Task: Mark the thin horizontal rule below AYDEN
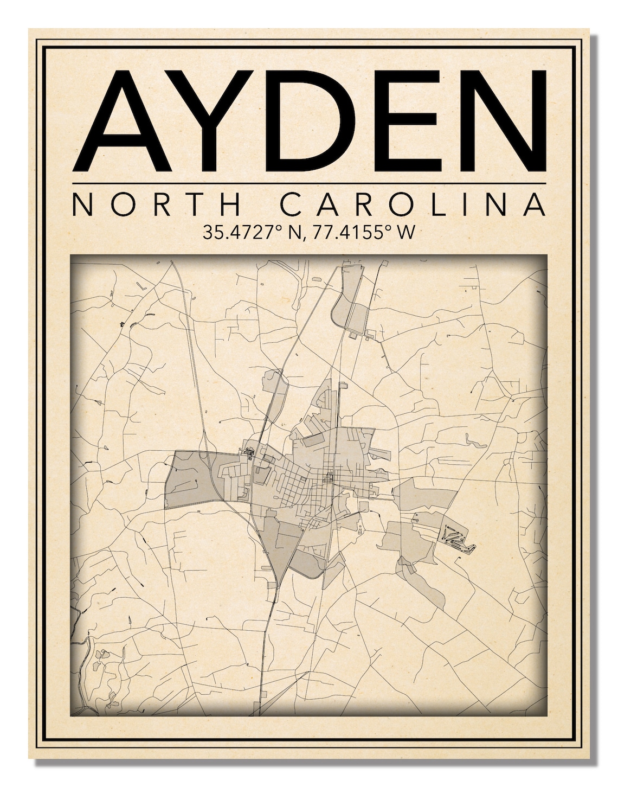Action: (x=308, y=183)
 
